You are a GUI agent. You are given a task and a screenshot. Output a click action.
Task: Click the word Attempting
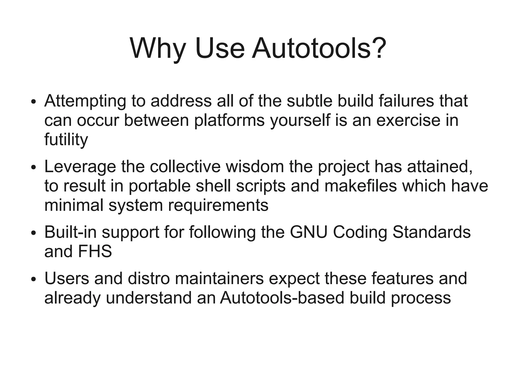coord(85,101)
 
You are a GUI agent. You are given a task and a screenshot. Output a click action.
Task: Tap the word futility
coord(66,140)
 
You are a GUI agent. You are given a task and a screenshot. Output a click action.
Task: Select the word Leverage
coord(80,167)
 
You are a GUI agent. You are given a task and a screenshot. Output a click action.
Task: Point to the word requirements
coord(218,205)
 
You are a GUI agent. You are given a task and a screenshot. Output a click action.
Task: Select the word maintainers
coord(219,279)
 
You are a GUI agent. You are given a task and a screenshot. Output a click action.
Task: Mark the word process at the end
coord(421,298)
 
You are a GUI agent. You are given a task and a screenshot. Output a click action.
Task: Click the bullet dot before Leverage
coord(33,168)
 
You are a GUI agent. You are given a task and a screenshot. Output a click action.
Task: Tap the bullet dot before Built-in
coord(33,234)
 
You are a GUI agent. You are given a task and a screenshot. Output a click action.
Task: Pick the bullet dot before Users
coord(33,280)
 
